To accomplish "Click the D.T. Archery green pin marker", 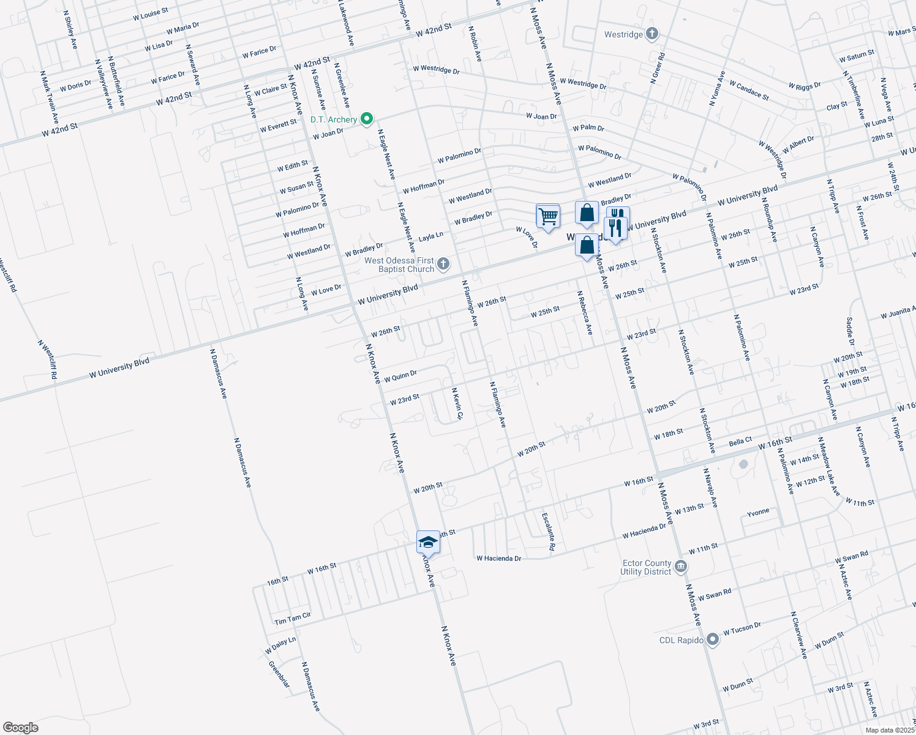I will coord(367,119).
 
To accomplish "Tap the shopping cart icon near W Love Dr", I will coord(547,216).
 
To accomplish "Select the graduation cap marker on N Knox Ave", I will coord(428,543).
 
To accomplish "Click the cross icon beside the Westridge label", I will coord(652,34).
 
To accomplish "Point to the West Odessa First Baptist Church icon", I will coord(443,265).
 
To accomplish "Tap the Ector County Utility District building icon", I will coord(681,567).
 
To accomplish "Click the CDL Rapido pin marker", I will coord(712,640).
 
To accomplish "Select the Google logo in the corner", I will coord(20,728).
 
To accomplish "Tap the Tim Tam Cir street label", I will coord(293,619).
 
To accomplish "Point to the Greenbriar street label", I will coord(279,674).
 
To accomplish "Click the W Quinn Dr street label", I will coord(400,376).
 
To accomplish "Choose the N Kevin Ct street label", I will coord(457,404).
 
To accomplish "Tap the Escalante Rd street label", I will coord(547,530).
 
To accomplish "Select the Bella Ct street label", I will coord(740,442).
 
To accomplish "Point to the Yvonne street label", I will coord(757,511).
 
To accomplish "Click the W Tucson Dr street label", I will coord(741,628).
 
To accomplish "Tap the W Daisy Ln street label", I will coord(280,645).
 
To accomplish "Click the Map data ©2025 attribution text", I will coord(888,730).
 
